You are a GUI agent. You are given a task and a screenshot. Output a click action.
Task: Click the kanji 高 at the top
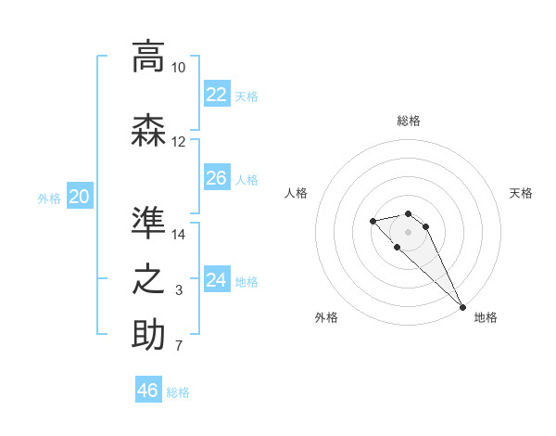148,57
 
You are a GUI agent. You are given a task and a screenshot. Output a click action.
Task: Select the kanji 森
148,130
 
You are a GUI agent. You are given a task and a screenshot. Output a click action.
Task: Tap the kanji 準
148,224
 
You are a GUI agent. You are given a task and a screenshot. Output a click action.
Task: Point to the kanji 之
148,279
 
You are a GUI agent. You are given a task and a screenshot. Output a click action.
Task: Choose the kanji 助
148,335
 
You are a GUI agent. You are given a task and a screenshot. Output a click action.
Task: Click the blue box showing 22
216,94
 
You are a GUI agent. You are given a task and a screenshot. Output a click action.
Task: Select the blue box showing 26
216,177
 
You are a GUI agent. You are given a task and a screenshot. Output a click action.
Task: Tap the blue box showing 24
216,279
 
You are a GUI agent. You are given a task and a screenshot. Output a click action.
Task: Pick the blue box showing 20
80,196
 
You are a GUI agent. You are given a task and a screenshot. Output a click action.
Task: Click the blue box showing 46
148,390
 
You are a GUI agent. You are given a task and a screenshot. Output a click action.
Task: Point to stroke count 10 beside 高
178,69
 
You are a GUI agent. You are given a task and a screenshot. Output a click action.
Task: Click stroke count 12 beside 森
178,142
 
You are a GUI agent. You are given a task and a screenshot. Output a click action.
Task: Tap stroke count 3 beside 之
178,291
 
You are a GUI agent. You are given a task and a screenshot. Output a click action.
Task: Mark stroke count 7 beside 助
178,347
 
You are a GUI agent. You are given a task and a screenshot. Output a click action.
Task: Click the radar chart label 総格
408,121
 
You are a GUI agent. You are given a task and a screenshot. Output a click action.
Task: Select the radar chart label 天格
522,193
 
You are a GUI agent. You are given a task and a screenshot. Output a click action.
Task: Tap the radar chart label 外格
326,317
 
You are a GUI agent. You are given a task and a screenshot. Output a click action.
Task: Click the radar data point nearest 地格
462,307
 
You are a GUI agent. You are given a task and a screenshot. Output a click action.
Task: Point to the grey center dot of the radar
408,231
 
